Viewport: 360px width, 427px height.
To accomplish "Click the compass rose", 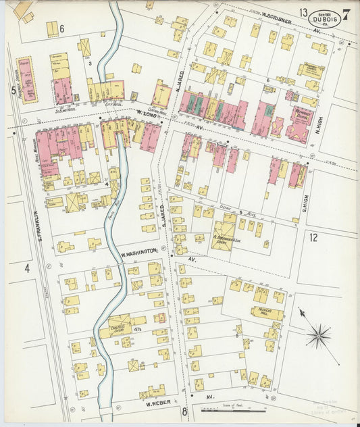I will [318, 334].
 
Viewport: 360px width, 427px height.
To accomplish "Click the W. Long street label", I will [147, 114].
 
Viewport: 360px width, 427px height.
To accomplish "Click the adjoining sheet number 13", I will [305, 12].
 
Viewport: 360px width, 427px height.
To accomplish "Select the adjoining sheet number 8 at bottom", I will [183, 411].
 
